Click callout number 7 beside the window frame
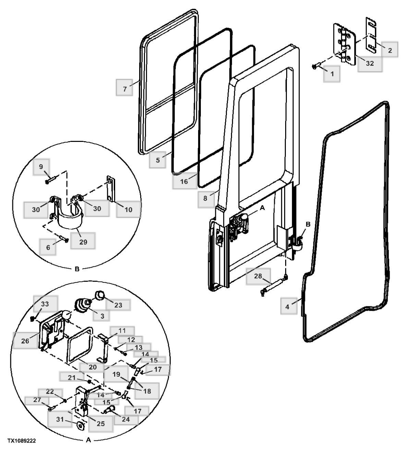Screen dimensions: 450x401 click(125, 89)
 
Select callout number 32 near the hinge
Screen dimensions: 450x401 click(370, 63)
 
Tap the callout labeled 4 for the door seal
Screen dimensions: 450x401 click(287, 307)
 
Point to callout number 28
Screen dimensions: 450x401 click(258, 276)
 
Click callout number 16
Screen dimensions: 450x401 click(184, 181)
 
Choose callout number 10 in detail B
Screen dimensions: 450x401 click(128, 209)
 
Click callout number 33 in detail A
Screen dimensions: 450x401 click(45, 304)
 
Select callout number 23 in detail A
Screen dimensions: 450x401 click(118, 305)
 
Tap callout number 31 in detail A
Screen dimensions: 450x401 click(60, 419)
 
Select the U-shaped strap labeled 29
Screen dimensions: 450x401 click(70, 220)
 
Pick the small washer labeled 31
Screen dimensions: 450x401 click(81, 426)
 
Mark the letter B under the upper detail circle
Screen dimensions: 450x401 click(77, 269)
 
